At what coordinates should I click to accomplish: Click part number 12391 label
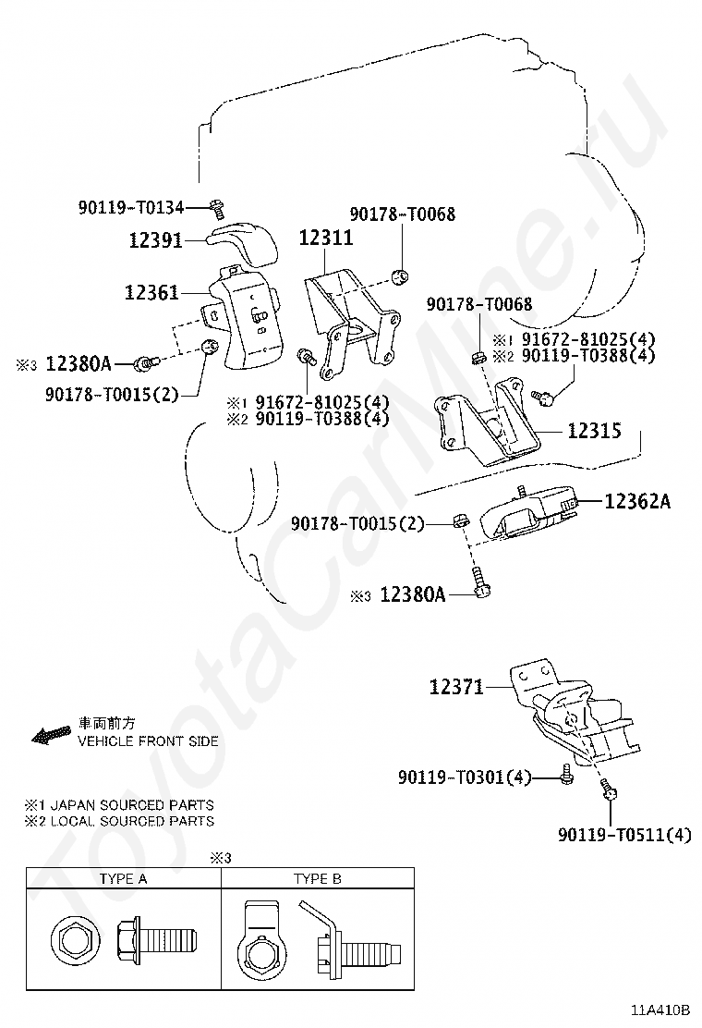(x=154, y=240)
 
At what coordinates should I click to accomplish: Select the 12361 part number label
(x=152, y=294)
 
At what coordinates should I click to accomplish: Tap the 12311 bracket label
(x=325, y=239)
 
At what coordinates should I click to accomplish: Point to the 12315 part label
(x=594, y=431)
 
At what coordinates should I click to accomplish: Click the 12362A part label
(x=637, y=502)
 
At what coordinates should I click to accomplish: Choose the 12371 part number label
(x=456, y=688)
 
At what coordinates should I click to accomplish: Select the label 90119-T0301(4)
(x=465, y=778)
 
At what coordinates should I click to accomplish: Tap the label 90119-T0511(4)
(x=624, y=836)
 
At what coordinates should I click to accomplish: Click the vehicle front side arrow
(x=52, y=735)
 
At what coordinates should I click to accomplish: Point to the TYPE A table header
(x=123, y=879)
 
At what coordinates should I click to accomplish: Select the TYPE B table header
(x=317, y=879)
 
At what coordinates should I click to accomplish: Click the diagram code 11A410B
(x=661, y=1010)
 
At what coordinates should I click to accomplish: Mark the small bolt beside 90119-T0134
(x=217, y=204)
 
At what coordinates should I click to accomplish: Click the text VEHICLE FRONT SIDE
(x=148, y=741)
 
